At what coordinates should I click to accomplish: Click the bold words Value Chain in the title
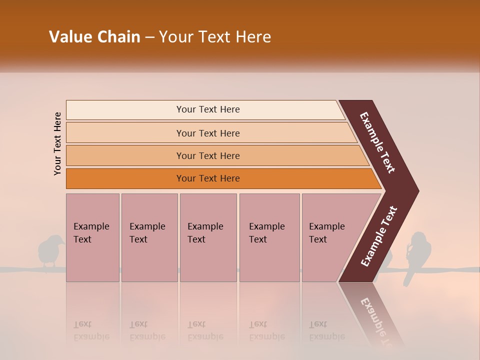(x=94, y=37)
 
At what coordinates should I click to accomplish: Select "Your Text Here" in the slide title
(x=215, y=37)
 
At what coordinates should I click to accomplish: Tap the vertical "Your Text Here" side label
(x=57, y=143)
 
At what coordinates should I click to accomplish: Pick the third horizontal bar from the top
(x=215, y=155)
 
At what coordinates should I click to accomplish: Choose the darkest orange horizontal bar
(x=220, y=178)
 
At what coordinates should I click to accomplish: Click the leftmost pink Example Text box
(x=92, y=237)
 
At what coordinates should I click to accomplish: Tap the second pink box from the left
(x=149, y=237)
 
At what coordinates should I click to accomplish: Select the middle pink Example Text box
(x=208, y=237)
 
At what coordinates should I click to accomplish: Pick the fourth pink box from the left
(x=269, y=237)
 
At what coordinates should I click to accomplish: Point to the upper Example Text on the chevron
(x=377, y=142)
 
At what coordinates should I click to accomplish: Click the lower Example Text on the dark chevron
(x=379, y=236)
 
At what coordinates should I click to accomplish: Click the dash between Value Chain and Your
(x=149, y=37)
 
